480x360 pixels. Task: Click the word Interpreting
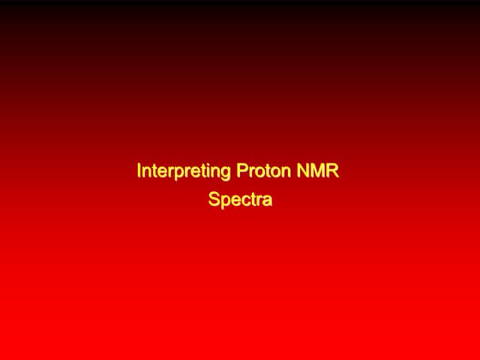tap(184, 172)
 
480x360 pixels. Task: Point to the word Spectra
tap(240, 201)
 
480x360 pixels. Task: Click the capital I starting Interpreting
tap(139, 171)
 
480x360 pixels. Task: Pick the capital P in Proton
tap(241, 171)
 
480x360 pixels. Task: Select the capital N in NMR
tap(303, 171)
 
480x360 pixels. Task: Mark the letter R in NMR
tap(333, 171)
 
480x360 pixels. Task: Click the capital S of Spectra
tap(214, 200)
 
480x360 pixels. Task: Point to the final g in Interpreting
tap(225, 173)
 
